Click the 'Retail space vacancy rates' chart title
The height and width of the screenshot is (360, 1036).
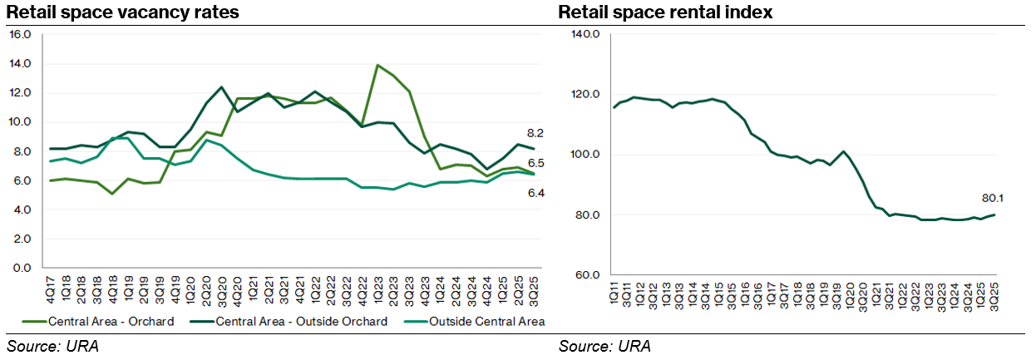coord(123,12)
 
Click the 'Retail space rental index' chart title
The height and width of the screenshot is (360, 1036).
coord(665,12)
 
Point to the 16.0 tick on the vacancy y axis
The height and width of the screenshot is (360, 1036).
coord(19,34)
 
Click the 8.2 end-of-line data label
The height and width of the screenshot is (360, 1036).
coord(535,133)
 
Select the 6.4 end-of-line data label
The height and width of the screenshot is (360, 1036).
coord(535,193)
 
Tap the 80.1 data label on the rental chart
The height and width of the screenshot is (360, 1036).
coord(993,199)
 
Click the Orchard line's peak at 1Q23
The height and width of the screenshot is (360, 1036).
coord(378,65)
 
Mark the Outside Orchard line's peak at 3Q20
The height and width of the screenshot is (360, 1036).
coord(222,87)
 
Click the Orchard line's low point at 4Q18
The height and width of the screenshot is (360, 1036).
coord(112,194)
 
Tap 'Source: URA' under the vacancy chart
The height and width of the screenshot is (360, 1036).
coord(52,346)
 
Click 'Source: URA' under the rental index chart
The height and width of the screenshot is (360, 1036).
coord(604,346)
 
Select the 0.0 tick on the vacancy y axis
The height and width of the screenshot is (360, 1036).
coord(22,269)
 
